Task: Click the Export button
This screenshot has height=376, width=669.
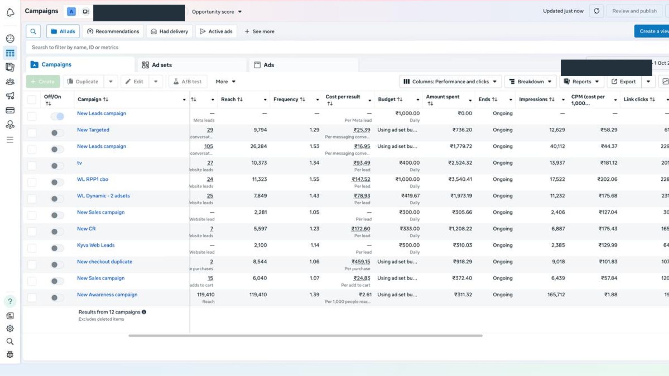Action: (x=624, y=81)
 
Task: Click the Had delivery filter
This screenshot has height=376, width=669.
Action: (x=169, y=31)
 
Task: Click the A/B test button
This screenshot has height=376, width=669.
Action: (x=187, y=81)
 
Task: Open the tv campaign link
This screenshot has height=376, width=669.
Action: (x=79, y=163)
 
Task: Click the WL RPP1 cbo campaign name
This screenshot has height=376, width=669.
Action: (x=92, y=179)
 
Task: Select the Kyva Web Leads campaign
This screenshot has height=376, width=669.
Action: (x=95, y=245)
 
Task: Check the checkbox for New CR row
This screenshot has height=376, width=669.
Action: (x=32, y=232)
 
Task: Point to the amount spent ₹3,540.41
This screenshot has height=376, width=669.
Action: (x=460, y=179)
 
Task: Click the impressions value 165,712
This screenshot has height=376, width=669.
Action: (x=556, y=295)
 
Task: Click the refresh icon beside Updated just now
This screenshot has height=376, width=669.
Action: (x=597, y=11)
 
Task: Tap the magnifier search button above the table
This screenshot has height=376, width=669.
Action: (x=33, y=31)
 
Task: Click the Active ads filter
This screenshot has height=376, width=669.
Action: (x=216, y=31)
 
